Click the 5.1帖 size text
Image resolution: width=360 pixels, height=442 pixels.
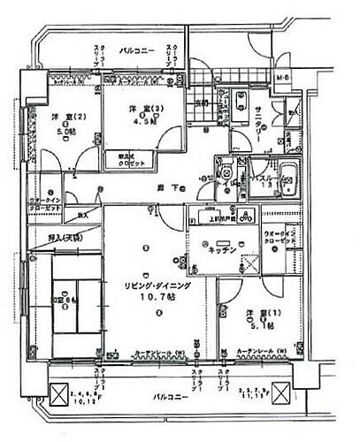click(248, 325)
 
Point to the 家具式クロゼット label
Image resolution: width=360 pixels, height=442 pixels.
click(138, 159)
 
